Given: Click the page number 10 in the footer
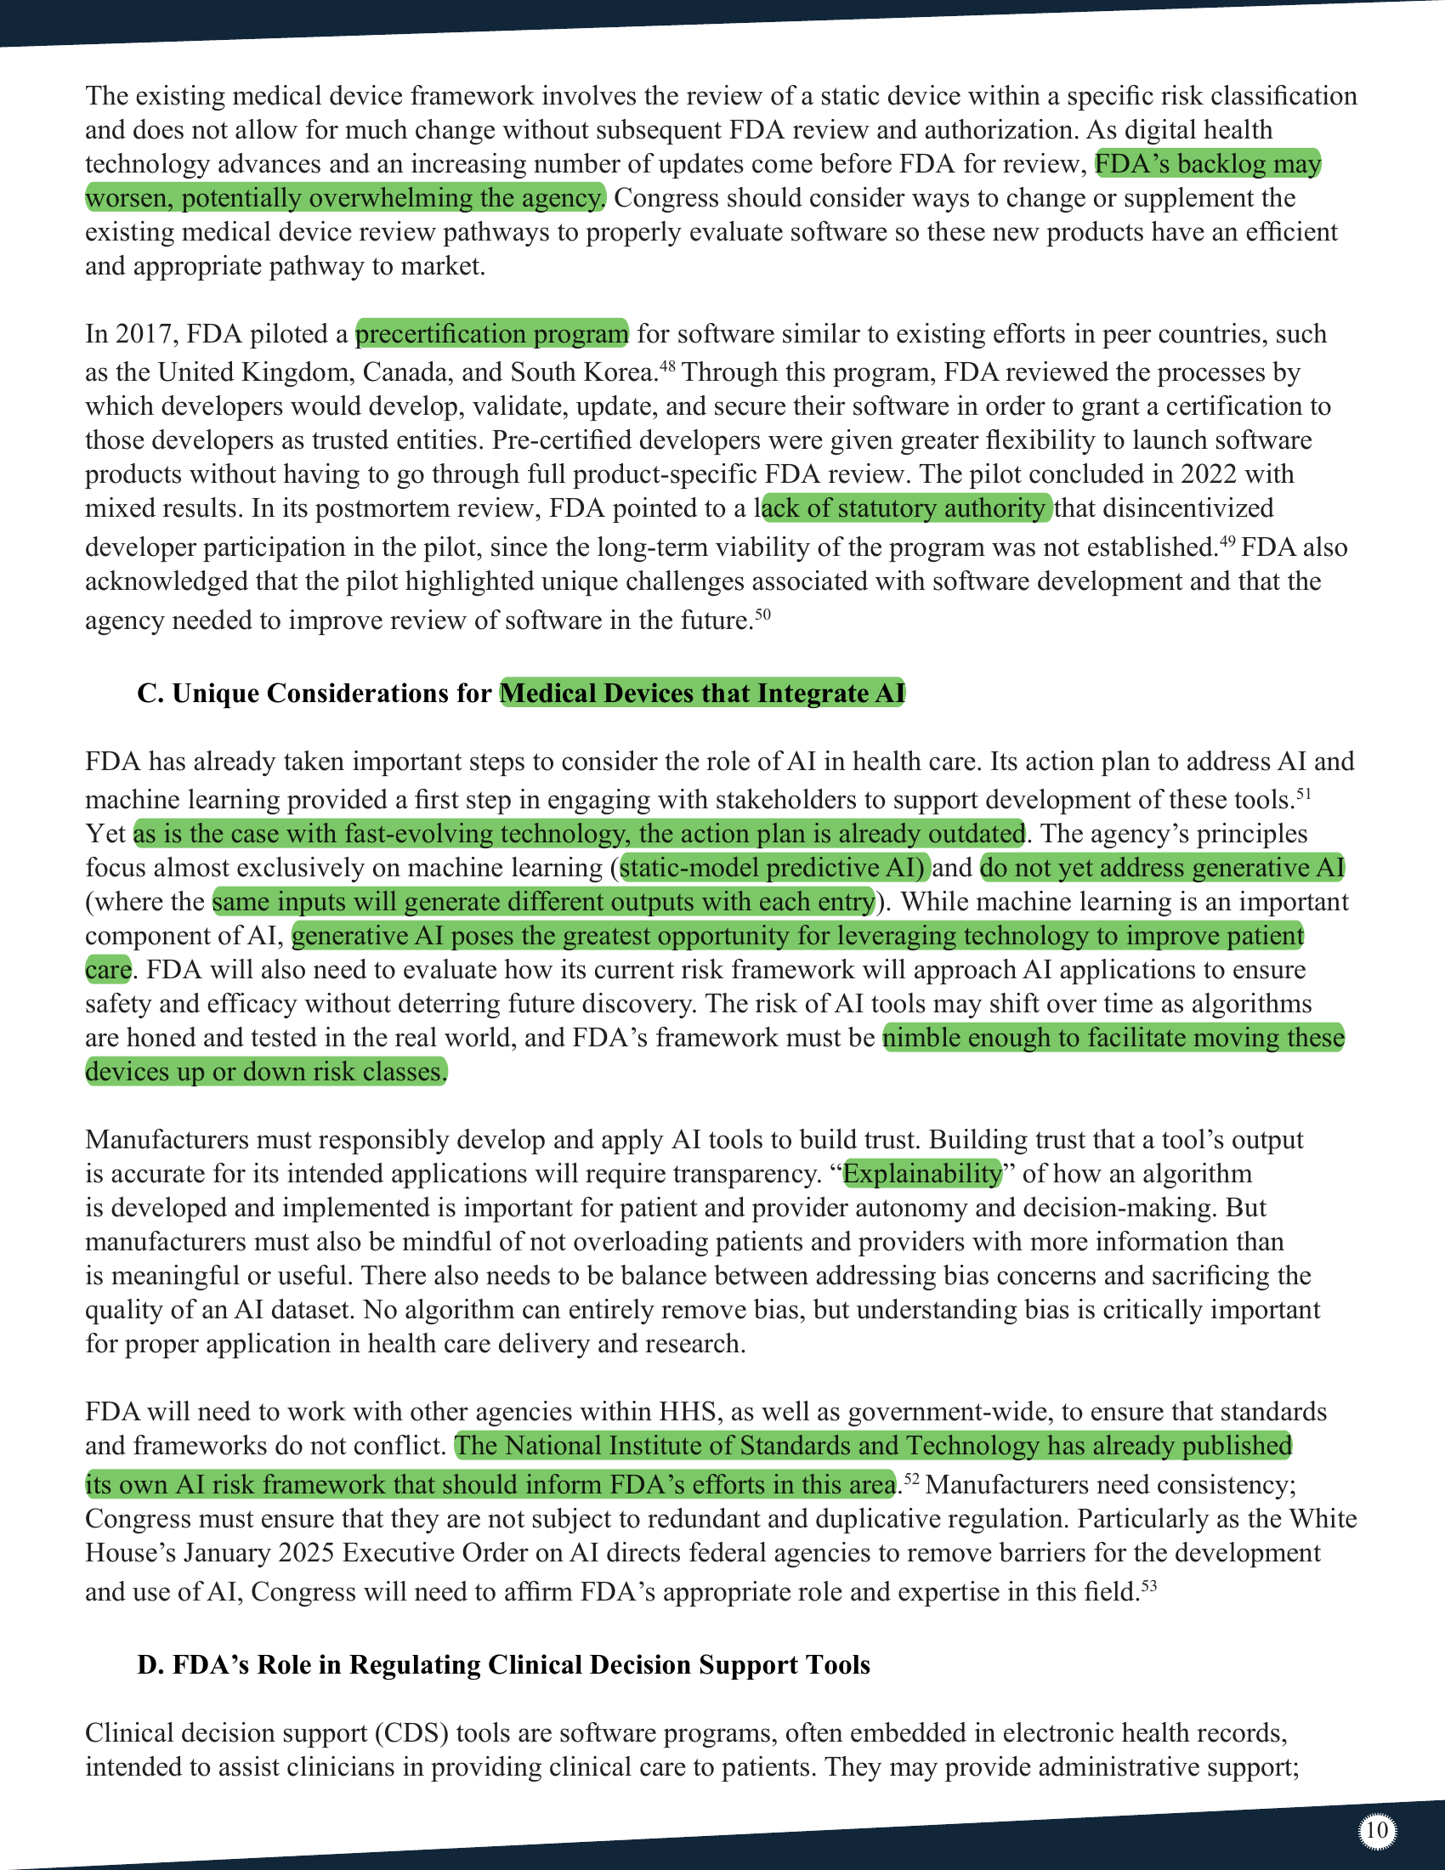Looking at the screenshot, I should pyautogui.click(x=1376, y=1831).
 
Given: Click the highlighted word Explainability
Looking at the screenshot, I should pyautogui.click(x=921, y=1173).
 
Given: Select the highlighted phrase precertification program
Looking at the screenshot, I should pyautogui.click(x=491, y=333).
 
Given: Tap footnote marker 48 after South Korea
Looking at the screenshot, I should pyautogui.click(x=668, y=366).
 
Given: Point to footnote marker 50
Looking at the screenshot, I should pyautogui.click(x=762, y=614).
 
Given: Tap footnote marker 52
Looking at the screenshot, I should pyautogui.click(x=912, y=1479).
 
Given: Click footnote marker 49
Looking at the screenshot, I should pyautogui.click(x=1226, y=541).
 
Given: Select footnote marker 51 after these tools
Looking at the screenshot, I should pyautogui.click(x=1303, y=794).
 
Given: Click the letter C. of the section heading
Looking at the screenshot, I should pyautogui.click(x=150, y=693).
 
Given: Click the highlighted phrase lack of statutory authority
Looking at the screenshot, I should pyautogui.click(x=906, y=507).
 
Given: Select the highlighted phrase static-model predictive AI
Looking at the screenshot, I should pyautogui.click(x=772, y=867).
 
